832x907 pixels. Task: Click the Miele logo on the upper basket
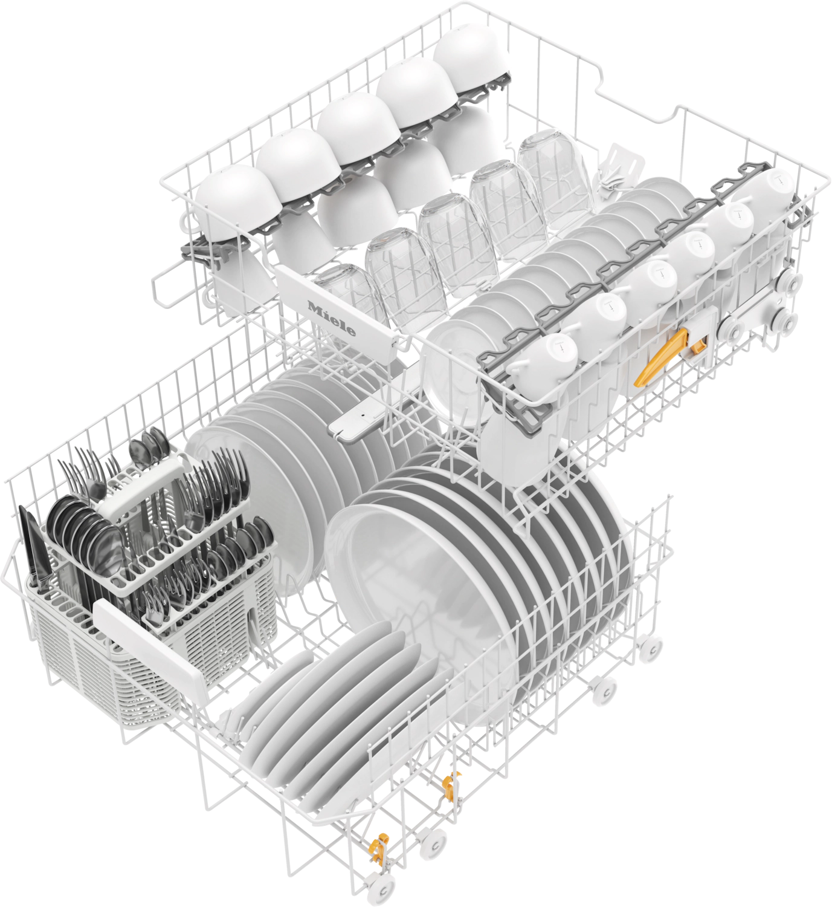pyautogui.click(x=331, y=318)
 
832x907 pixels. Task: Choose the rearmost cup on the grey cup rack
pyautogui.click(x=764, y=195)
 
